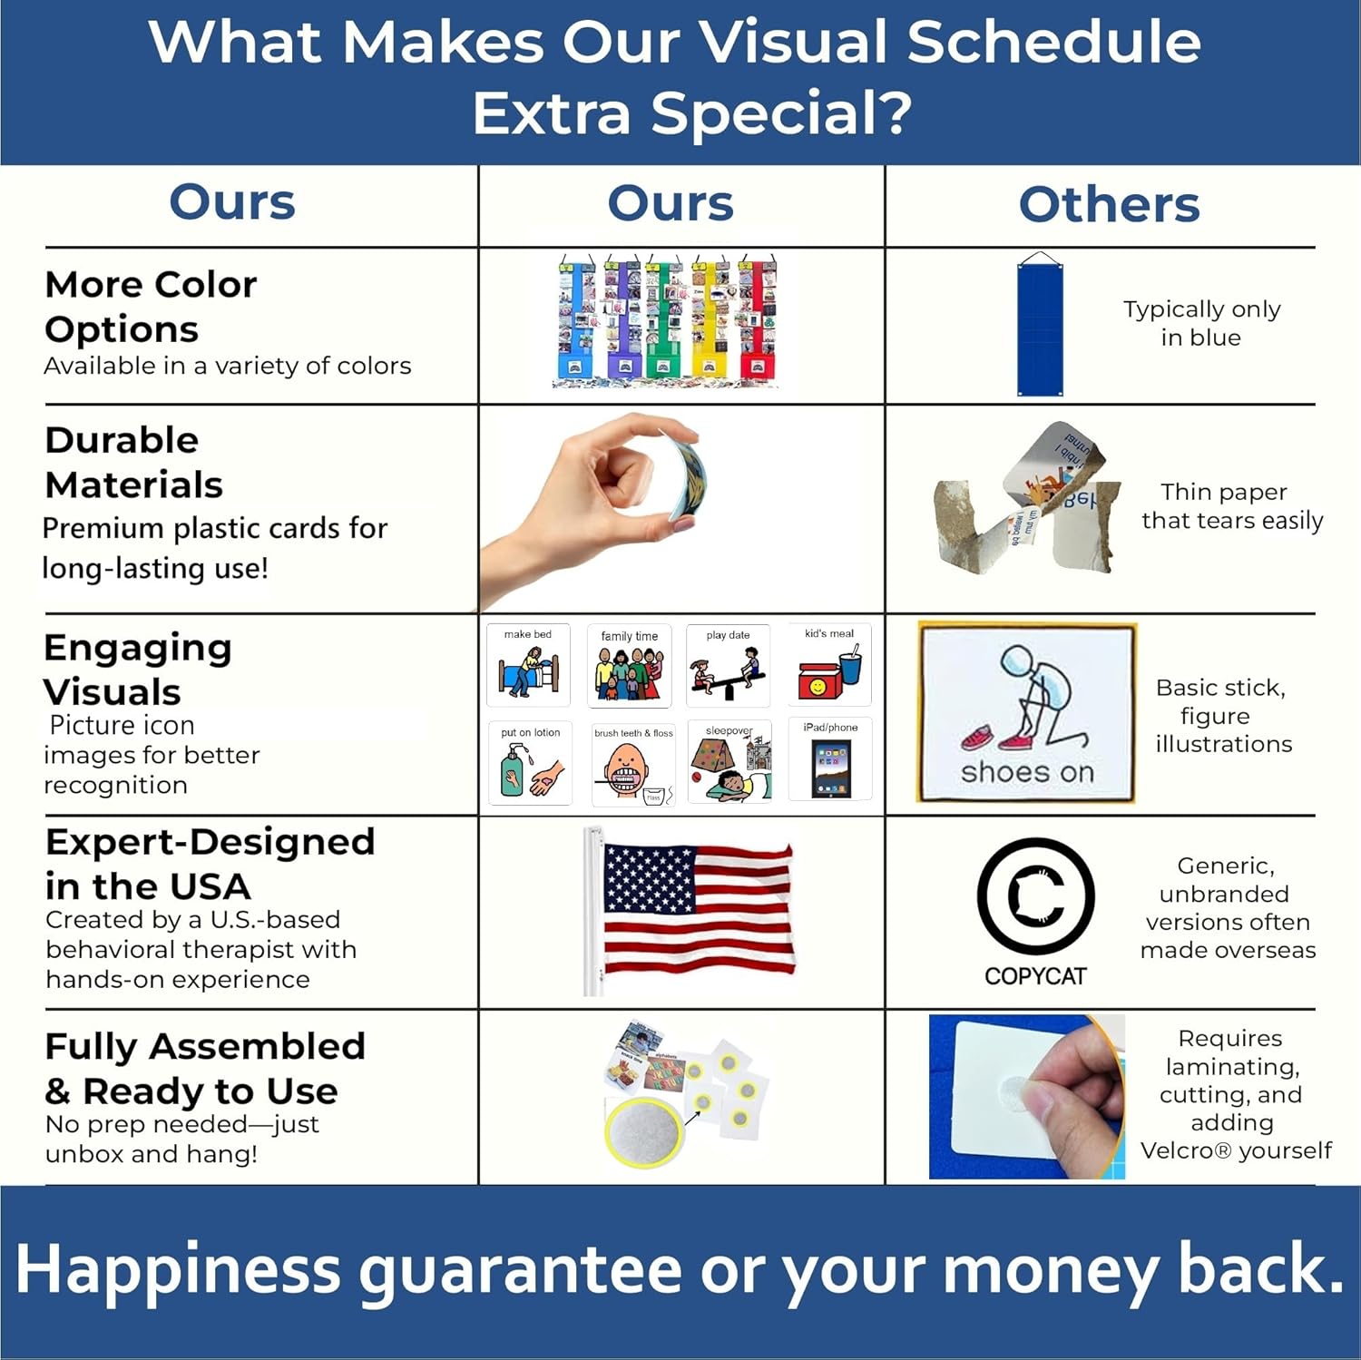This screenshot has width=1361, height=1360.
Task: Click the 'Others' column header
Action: point(1109,204)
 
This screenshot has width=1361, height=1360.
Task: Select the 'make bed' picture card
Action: point(528,665)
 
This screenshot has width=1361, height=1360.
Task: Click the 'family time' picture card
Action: point(629,667)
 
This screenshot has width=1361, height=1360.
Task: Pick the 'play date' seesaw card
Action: point(728,667)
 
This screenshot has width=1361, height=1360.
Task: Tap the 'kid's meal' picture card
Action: point(829,665)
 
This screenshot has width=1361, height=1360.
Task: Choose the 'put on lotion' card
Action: point(530,764)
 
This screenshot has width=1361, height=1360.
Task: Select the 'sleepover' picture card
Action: point(729,763)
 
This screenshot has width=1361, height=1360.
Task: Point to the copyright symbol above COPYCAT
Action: point(1035,896)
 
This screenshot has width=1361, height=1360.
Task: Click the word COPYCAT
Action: point(1035,976)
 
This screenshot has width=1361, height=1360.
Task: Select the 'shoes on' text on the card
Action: point(1027,772)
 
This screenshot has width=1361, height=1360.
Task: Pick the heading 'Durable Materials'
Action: point(133,462)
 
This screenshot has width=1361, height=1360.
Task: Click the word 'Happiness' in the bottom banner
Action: point(177,1269)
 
